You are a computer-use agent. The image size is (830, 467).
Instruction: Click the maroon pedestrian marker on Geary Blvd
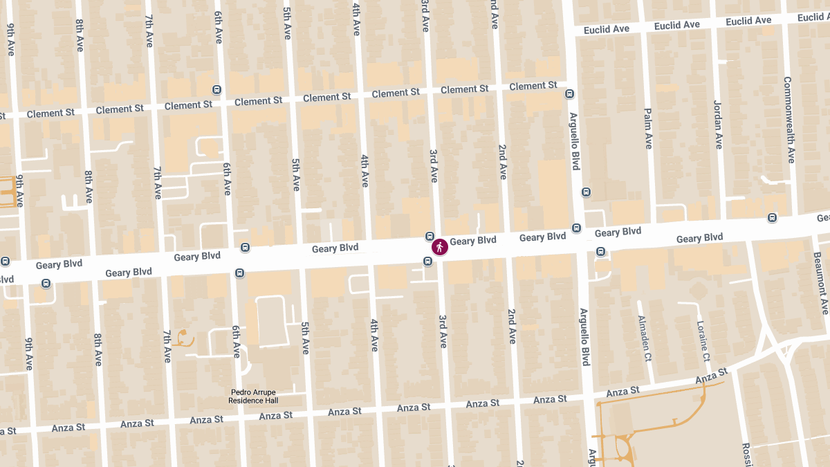click(x=439, y=247)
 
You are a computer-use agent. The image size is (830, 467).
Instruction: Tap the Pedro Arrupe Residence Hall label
click(x=254, y=396)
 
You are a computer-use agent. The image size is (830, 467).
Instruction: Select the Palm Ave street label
click(x=648, y=128)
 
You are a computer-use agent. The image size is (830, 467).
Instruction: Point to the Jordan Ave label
click(x=717, y=125)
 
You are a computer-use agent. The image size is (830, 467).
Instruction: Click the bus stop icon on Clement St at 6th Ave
click(x=216, y=90)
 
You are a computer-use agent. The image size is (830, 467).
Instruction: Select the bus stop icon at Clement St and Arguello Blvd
click(x=569, y=94)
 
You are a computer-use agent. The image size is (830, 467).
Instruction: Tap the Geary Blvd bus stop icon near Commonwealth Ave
click(x=772, y=218)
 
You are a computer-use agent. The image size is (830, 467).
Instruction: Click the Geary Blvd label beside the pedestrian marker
click(x=473, y=241)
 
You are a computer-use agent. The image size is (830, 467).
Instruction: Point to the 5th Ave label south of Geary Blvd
click(x=305, y=338)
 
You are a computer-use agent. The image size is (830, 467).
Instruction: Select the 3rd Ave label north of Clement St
click(x=425, y=16)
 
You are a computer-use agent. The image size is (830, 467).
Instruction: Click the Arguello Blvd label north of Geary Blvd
click(x=574, y=141)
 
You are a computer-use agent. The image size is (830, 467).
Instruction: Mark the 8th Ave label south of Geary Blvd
click(x=98, y=349)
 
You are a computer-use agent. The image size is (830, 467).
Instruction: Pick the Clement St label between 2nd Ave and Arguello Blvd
click(x=533, y=86)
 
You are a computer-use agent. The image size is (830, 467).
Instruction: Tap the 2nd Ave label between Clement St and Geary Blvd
click(x=503, y=162)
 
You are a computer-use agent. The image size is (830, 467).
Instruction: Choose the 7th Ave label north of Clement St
click(x=149, y=31)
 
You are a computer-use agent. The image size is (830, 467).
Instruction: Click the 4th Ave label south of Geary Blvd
click(x=374, y=335)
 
